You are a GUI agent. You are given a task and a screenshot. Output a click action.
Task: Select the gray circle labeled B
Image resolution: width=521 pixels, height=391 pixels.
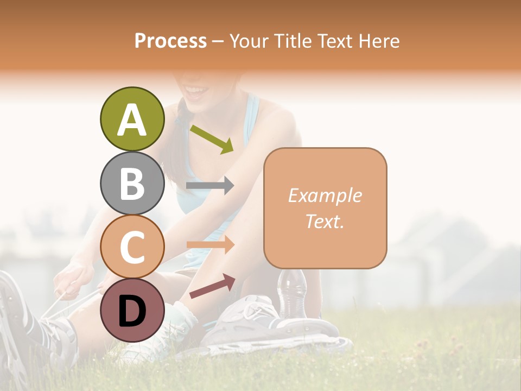coord(132,184)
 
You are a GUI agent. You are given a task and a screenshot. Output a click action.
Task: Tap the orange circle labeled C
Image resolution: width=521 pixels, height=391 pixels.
coord(132,247)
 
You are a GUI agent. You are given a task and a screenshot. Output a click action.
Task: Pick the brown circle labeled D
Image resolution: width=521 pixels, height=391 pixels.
coord(132,310)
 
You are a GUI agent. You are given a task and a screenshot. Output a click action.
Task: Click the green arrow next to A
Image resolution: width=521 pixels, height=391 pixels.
coord(212,139)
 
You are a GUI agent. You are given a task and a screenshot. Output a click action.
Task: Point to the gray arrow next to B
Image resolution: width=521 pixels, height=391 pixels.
coord(209,186)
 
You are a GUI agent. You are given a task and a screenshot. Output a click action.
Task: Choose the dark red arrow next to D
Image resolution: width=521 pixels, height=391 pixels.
coord(212,286)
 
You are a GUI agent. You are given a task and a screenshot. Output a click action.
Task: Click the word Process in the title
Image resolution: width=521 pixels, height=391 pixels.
coord(170,41)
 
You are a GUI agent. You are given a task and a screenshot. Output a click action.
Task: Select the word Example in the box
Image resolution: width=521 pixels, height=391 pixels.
coord(325,195)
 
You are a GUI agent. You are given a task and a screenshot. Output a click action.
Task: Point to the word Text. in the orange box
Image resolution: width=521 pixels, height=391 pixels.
coord(325,221)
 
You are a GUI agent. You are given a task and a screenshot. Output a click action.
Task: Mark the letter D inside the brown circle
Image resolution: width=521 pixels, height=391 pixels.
coord(132,311)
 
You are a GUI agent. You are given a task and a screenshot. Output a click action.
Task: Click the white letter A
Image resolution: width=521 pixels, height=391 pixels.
coord(132,119)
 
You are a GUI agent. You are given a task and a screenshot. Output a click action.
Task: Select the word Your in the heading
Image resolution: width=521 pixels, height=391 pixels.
coord(249,41)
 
